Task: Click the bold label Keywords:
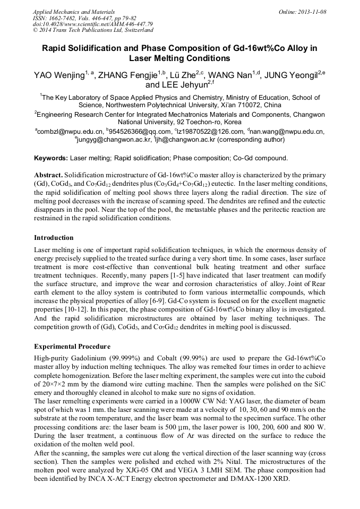pos(51,158)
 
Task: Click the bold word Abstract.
pos(48,175)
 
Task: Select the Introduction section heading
pos(54,237)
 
